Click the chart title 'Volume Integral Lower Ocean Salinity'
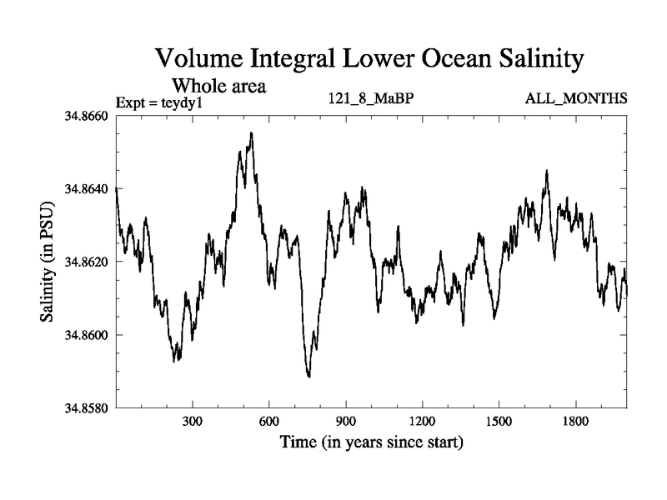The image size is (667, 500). tap(366, 61)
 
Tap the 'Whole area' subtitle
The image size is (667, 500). tap(218, 86)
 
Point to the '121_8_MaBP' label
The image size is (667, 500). tap(372, 99)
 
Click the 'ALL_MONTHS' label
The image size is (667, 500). tap(576, 99)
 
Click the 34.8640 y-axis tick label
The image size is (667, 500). tap(85, 188)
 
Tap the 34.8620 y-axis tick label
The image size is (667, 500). tap(85, 262)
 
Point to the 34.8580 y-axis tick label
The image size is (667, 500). tap(85, 408)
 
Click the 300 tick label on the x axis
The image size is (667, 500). tap(193, 422)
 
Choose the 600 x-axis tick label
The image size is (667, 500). tap(269, 422)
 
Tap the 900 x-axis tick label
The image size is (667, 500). tap(345, 422)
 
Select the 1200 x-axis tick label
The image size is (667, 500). tap(422, 422)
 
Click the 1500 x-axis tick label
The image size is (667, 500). tap(498, 422)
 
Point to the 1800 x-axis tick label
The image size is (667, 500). tap(574, 422)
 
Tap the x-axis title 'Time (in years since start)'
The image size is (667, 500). tap(371, 442)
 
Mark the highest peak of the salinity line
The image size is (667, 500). tap(251, 132)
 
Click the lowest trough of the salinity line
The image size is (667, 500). tap(309, 377)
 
